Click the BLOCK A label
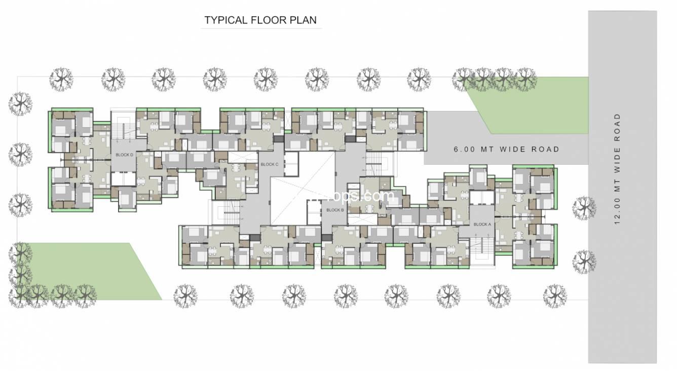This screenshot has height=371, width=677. pos(482,224)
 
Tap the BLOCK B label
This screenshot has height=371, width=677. pos(335,210)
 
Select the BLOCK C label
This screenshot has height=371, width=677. pos(269,164)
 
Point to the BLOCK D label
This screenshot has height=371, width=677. pos(124,155)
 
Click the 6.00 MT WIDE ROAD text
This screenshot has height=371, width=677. pos(506,150)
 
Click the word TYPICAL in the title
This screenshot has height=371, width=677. pos(224,20)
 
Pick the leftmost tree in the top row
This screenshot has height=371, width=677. pos(61,80)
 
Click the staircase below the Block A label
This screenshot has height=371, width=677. pos(481,248)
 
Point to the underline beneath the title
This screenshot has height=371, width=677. pos(261,29)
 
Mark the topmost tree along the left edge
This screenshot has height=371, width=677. pos(20,104)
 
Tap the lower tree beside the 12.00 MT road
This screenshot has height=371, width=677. pos(584,262)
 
